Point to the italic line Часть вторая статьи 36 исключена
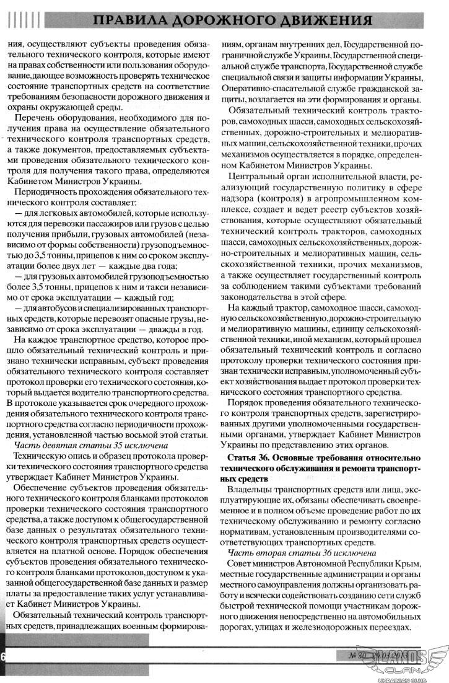(302, 552)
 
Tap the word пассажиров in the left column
(114, 227)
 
